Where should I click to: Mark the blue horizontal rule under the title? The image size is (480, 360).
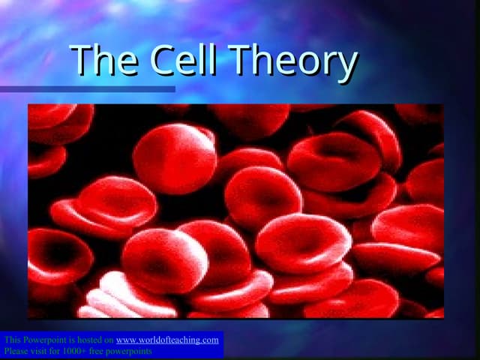[87, 89]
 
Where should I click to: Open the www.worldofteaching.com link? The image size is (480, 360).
[167, 340]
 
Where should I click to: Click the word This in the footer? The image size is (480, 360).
[12, 340]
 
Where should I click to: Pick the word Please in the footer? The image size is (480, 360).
[16, 350]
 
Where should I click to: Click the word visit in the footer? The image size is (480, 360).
[43, 350]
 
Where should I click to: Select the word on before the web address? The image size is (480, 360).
[109, 340]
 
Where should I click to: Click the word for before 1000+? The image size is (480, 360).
[59, 350]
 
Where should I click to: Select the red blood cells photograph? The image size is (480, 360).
[235, 211]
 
